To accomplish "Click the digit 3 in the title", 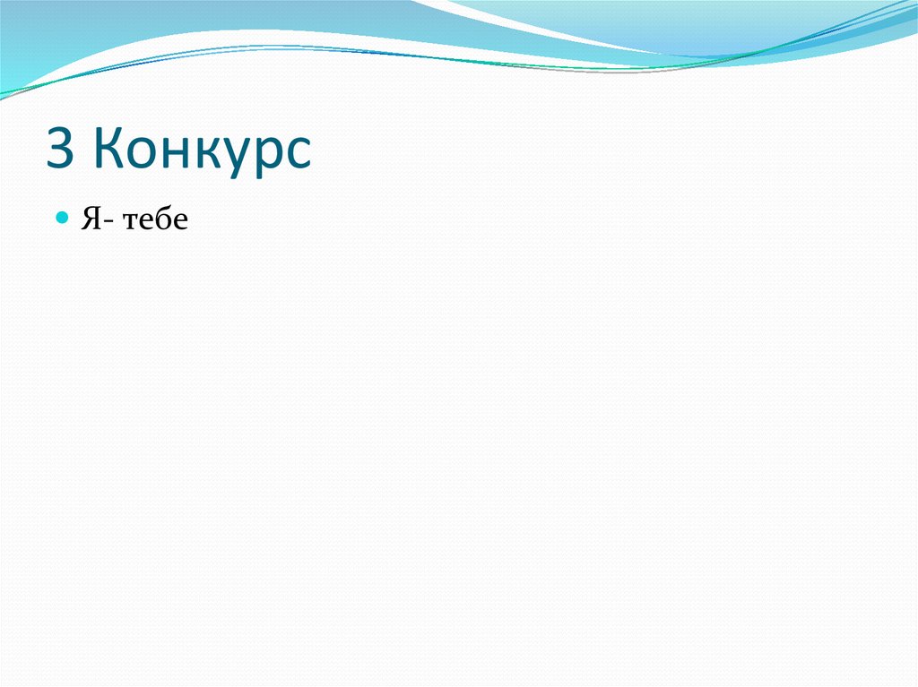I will (x=60, y=150).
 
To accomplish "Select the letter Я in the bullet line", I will (x=90, y=219).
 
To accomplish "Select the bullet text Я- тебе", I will (x=134, y=219).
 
